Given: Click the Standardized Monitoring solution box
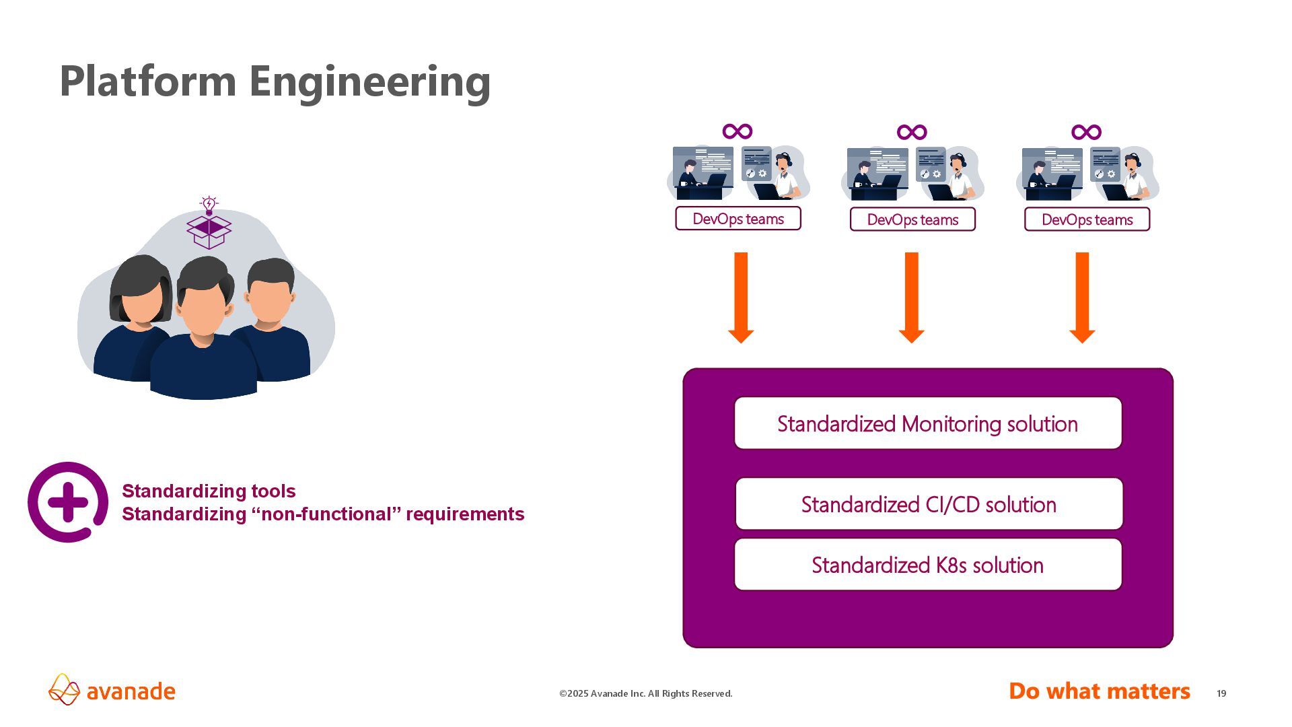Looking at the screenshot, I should coord(927,423).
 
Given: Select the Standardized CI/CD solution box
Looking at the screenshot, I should coord(929,504).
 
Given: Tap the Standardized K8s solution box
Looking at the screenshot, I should coord(927,565).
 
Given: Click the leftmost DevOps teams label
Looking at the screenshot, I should coord(738,219).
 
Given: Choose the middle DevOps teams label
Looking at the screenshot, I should coord(912,219).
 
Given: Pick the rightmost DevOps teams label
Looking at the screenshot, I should coord(1087,219).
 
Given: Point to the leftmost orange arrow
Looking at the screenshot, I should coord(741,297).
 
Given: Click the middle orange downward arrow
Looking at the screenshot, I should coord(911,297).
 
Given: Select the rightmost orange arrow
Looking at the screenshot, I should coord(1082,297).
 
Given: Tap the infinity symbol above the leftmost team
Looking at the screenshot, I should coord(737,131).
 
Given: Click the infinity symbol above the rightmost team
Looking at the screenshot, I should coord(1086,132).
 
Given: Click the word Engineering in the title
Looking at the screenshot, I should coord(369,81).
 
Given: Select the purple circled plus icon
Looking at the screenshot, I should coord(67,502).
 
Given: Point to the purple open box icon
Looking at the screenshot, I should coord(209,231).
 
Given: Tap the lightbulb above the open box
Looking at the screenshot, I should coord(209,205).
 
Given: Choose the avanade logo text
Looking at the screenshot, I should coord(131,692).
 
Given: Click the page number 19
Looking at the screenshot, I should coord(1221,693).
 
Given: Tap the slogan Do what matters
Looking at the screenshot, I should coord(1099,691).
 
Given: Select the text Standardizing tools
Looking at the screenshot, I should coord(209,491).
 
